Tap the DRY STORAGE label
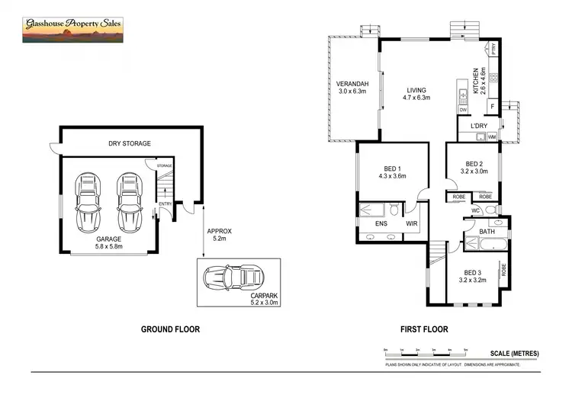(x=129, y=143)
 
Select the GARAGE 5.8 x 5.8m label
(x=109, y=243)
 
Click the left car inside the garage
(x=88, y=204)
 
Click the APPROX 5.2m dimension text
(x=219, y=235)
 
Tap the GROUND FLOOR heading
(x=170, y=330)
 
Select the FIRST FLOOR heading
(x=424, y=330)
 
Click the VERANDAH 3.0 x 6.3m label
(x=353, y=88)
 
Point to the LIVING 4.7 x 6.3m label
(x=416, y=93)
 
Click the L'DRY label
(x=478, y=126)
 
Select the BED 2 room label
(x=474, y=168)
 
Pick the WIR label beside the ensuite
(x=411, y=224)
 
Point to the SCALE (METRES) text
(x=514, y=354)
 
